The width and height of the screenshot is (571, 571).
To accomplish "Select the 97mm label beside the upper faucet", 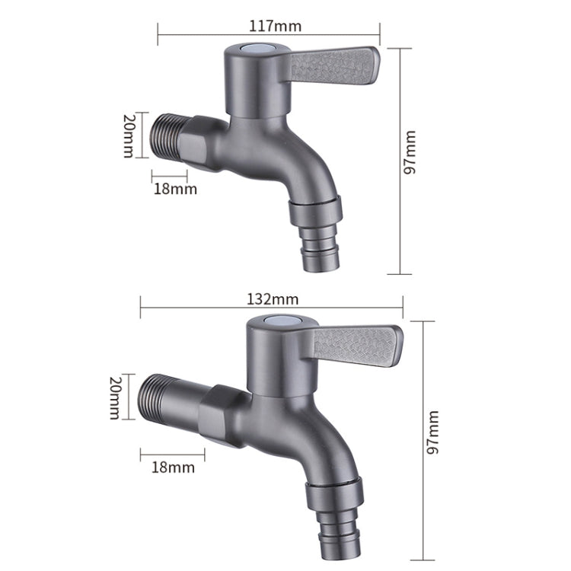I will pos(412,161).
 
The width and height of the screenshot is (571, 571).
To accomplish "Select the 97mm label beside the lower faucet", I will pos(433,432).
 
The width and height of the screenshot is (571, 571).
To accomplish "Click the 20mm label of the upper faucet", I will pos(129,136).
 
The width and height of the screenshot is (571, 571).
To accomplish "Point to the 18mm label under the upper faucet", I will pos(174,189).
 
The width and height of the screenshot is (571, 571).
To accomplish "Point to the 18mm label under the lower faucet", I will pos(173,467).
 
